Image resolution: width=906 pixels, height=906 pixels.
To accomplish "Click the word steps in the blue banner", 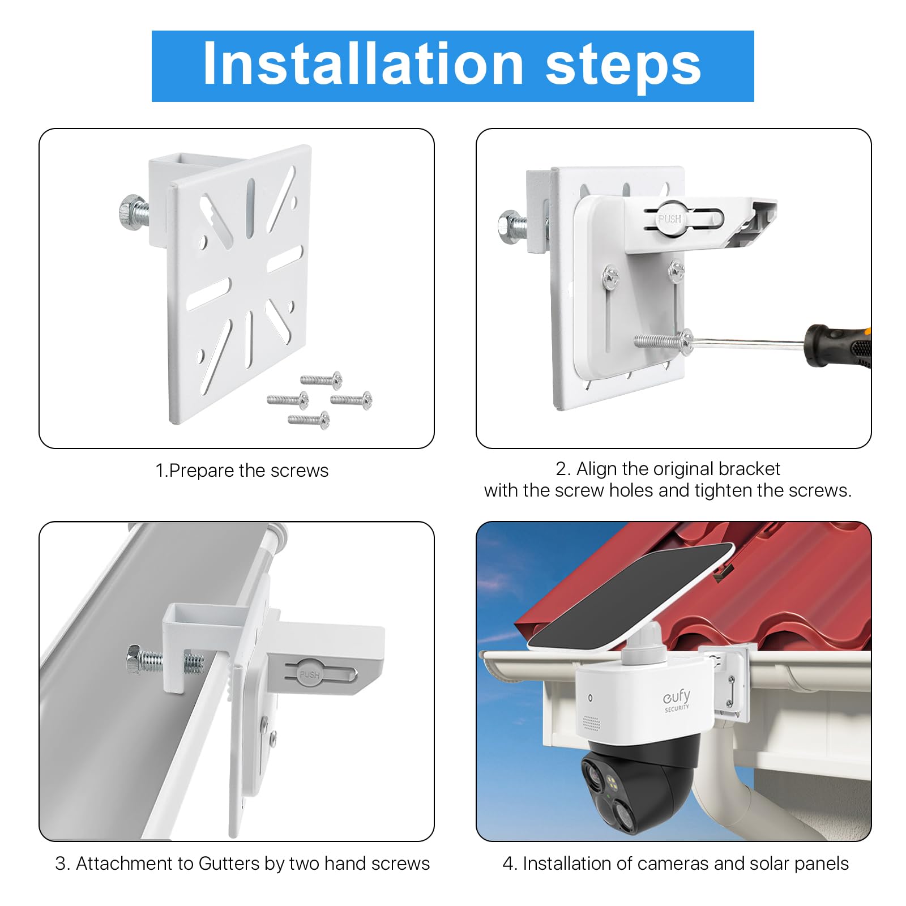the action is [x=623, y=67].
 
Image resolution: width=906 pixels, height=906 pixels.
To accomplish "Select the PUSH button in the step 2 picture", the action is [x=669, y=218].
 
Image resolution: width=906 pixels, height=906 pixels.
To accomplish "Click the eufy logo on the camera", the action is [x=677, y=699].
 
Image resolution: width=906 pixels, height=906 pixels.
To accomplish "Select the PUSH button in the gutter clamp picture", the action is [x=309, y=673].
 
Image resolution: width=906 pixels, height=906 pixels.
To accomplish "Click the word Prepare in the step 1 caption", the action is [x=202, y=471].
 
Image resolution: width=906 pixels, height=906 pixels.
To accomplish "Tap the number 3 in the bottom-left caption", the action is [x=60, y=864].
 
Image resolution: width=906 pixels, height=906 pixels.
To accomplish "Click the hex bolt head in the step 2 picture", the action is [x=510, y=226].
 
